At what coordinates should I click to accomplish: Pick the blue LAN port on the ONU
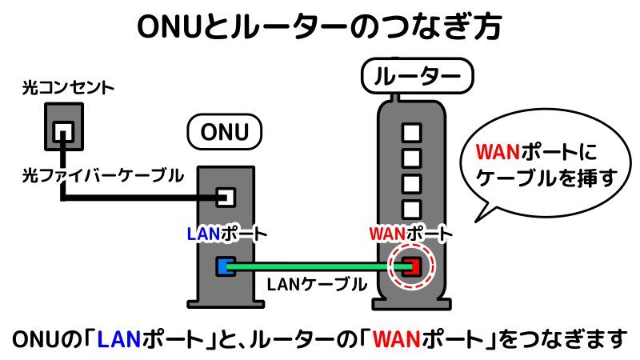point(225,266)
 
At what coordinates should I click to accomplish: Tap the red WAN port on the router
point(410,266)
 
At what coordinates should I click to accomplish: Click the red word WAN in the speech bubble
point(498,153)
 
